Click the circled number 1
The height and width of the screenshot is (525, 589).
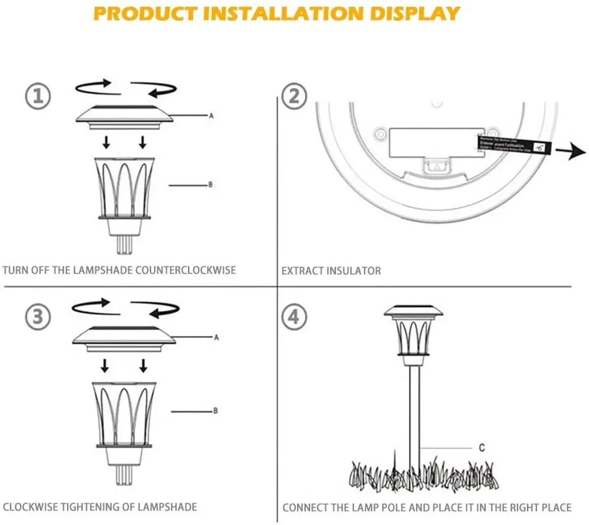click(38, 96)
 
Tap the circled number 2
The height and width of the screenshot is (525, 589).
click(294, 96)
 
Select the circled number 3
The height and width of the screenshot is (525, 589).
click(38, 317)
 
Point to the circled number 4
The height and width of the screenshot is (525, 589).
click(294, 317)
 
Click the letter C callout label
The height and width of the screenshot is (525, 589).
click(482, 447)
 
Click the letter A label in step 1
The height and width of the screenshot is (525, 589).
click(212, 116)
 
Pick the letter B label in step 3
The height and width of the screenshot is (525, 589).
click(215, 411)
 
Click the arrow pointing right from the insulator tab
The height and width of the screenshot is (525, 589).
click(573, 152)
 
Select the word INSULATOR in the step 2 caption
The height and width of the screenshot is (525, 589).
click(354, 271)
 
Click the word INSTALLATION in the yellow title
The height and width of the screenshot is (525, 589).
click(283, 14)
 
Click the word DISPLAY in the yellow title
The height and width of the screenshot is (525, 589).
click(415, 14)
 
